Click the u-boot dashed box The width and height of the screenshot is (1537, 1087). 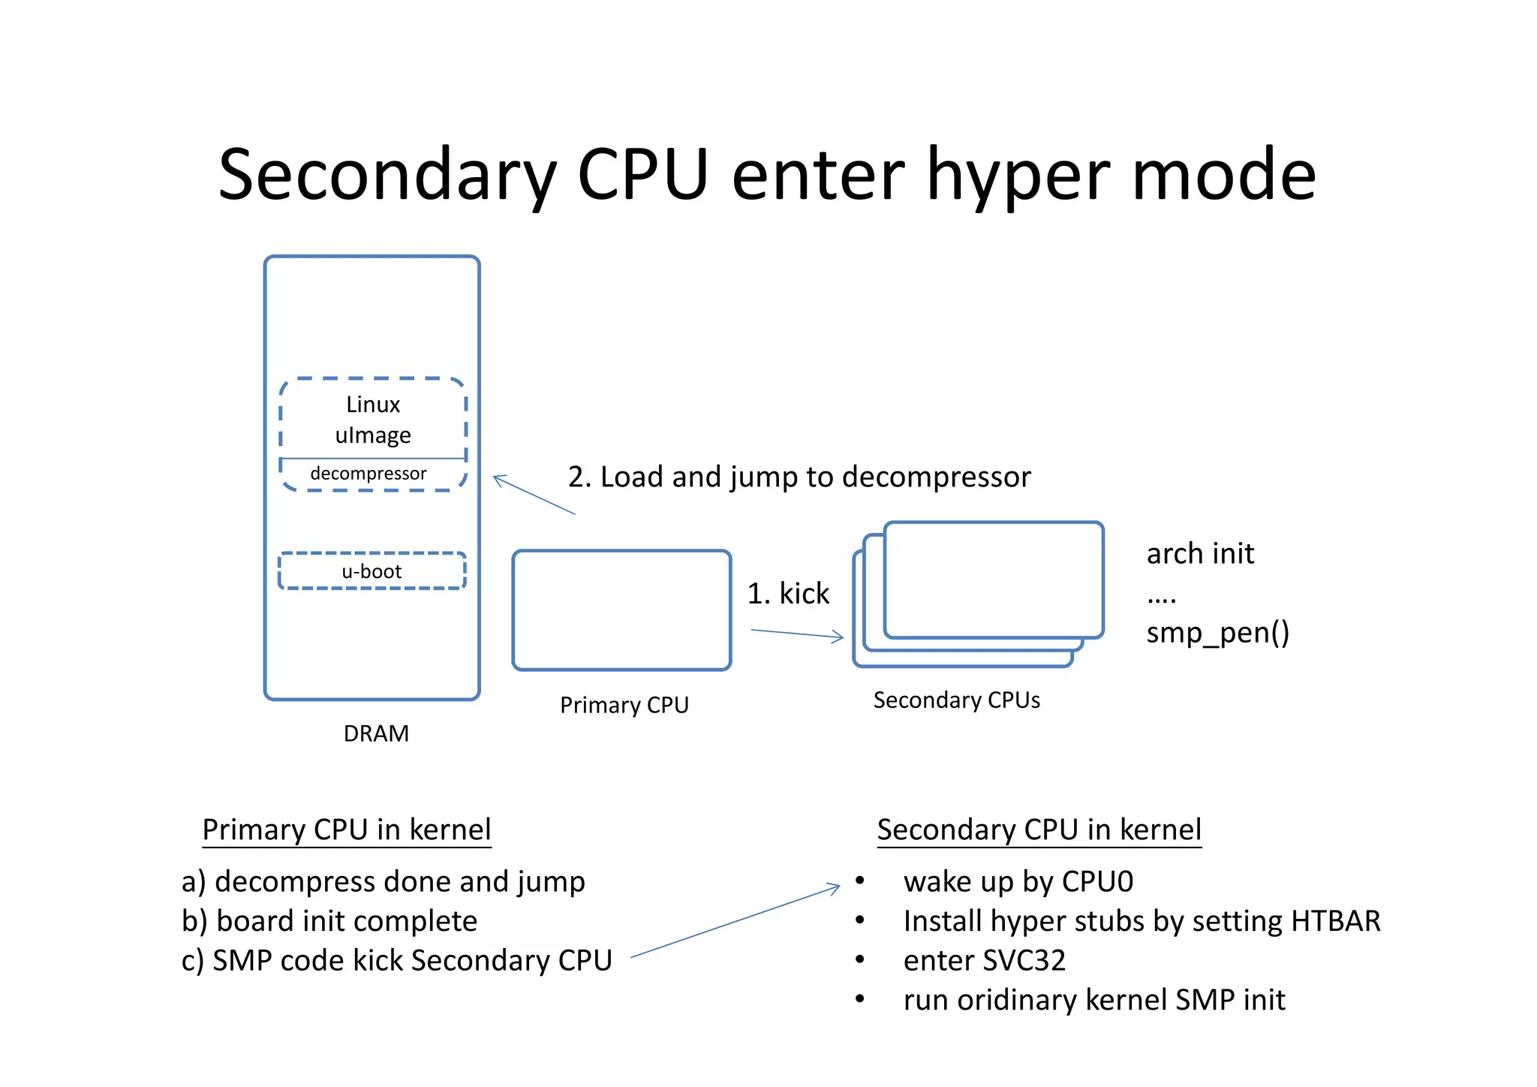pyautogui.click(x=372, y=571)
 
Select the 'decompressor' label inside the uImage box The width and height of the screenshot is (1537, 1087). pyautogui.click(x=368, y=474)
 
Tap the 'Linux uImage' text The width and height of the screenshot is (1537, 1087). pyautogui.click(x=373, y=420)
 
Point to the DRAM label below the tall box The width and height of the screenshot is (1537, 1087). pyautogui.click(x=376, y=733)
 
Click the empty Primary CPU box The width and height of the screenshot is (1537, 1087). pyautogui.click(x=621, y=610)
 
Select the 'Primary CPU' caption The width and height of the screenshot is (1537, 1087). pyautogui.click(x=624, y=705)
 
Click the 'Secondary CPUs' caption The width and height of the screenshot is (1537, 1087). pyautogui.click(x=956, y=700)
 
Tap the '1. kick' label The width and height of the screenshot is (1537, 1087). pyautogui.click(x=788, y=594)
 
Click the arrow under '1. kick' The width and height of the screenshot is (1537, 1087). pyautogui.click(x=797, y=634)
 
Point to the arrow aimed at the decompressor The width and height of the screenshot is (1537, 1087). pyautogui.click(x=534, y=495)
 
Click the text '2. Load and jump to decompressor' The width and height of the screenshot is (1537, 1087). pyautogui.click(x=799, y=477)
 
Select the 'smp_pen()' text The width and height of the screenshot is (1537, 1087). pyautogui.click(x=1217, y=633)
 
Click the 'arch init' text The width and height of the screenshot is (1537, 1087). pyautogui.click(x=1199, y=554)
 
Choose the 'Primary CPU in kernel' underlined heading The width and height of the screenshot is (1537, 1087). pyautogui.click(x=346, y=830)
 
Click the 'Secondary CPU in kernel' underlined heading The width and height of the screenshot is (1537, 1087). pyautogui.click(x=1039, y=830)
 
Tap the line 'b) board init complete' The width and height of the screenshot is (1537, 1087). pyautogui.click(x=329, y=921)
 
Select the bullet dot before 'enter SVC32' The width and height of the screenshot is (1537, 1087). pyautogui.click(x=860, y=959)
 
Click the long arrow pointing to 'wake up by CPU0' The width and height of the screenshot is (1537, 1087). pyautogui.click(x=735, y=923)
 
